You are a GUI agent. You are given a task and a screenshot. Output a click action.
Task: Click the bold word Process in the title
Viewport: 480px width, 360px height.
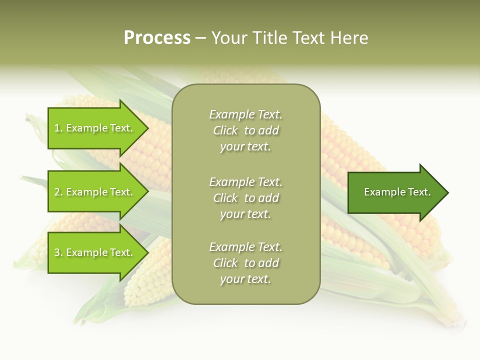(x=157, y=38)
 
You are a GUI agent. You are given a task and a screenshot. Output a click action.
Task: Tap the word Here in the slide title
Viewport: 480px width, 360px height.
(x=348, y=38)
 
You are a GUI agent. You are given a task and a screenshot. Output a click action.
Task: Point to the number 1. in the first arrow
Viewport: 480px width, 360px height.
(x=58, y=128)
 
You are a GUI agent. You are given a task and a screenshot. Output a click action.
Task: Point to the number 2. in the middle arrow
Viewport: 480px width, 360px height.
(x=58, y=192)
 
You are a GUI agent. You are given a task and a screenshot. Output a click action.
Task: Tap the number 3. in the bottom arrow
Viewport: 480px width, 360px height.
(x=58, y=252)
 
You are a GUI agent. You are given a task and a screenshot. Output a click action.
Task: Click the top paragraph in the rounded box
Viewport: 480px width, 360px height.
(x=245, y=130)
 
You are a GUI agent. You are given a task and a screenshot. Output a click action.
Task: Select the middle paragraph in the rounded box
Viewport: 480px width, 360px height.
(x=245, y=198)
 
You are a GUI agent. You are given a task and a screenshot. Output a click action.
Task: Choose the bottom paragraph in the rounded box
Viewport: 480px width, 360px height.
(x=245, y=263)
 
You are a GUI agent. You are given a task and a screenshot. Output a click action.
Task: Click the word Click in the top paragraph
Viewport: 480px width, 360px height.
(x=225, y=130)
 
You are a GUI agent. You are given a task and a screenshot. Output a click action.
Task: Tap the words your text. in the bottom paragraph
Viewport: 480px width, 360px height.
(x=245, y=279)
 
